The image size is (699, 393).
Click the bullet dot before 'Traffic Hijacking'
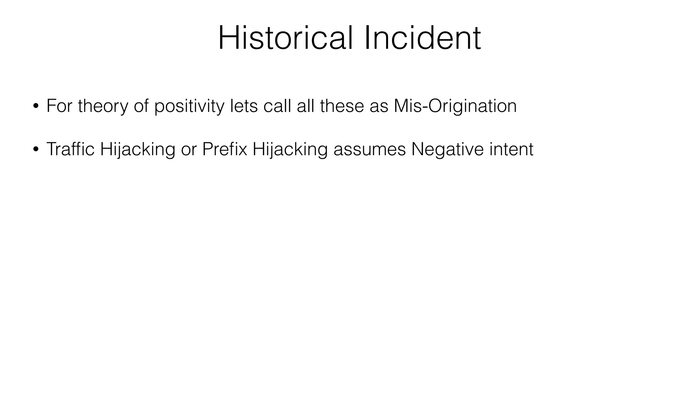coord(35,149)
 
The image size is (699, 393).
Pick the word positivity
coord(189,106)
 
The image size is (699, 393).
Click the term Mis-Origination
coord(455,106)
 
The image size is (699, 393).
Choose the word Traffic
coord(70,149)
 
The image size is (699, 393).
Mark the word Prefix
coord(224,149)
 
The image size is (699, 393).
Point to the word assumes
coord(370,150)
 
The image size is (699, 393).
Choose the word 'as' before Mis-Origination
coord(379,106)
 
